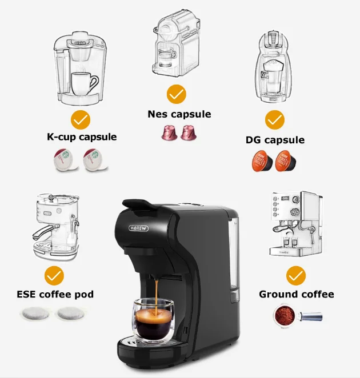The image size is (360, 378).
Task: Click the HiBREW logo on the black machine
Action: (138, 228)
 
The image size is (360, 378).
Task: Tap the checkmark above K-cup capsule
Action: (81, 120)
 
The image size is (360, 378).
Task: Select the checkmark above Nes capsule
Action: (177, 94)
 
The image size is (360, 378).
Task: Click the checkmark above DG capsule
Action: (275, 120)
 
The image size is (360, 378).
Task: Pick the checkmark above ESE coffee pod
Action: (54, 276)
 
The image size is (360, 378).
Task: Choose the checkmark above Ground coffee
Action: (296, 276)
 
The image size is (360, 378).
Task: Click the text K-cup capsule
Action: (82, 137)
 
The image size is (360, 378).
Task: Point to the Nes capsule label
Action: (179, 114)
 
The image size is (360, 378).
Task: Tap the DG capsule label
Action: (275, 140)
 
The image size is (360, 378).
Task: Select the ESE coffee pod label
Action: (55, 294)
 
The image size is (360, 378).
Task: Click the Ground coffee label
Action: (297, 294)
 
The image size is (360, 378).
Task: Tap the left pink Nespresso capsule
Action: (169, 132)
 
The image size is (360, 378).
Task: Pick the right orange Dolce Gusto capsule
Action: (286, 161)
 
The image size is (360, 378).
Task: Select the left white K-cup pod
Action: (65, 160)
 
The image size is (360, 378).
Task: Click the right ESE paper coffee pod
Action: (70, 314)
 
